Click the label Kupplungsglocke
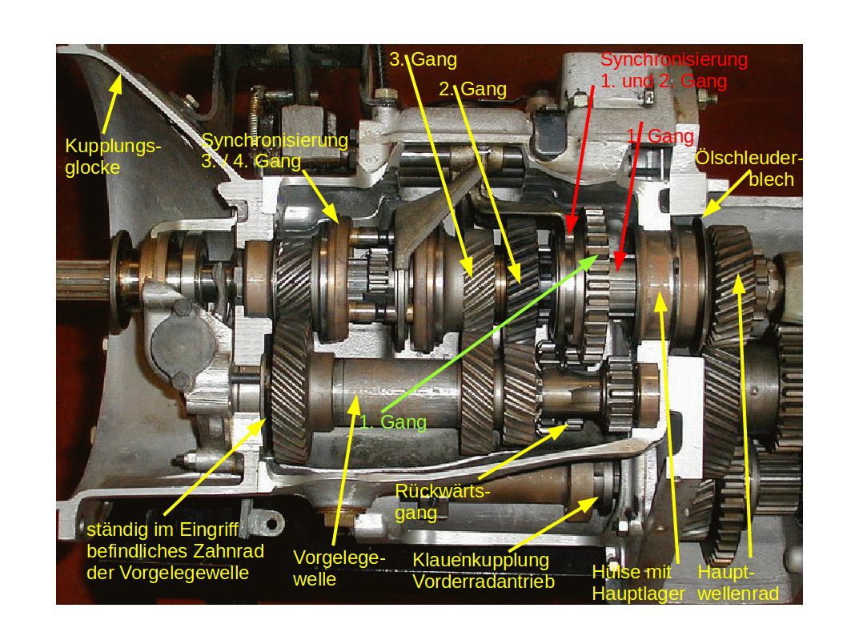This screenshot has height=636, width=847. coord(113,157)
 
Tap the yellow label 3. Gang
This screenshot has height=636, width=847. coord(423,59)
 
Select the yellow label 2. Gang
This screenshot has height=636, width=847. coord(472,89)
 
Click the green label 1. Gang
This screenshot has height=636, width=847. coord(393,422)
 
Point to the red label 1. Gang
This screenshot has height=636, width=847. coord(660,136)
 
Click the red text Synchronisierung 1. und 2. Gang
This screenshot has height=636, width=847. coord(674,70)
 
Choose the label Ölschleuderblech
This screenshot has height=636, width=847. coord(749,168)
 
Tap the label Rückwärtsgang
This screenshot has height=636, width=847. coord(443,502)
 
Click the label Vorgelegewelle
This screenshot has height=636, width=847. coord(339,569)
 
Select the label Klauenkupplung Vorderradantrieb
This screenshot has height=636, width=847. coord(484,570)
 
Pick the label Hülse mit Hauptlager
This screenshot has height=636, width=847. coord(638,582)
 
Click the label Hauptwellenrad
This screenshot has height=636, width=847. coord(738,582)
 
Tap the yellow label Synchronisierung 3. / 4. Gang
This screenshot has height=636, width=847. coord(275,151)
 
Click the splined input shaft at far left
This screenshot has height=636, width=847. coord(86,278)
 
